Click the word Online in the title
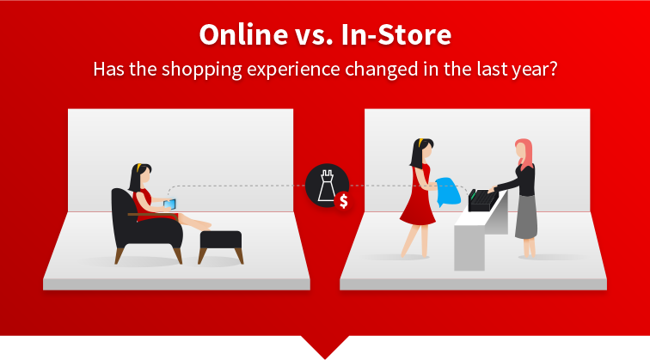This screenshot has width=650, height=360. [243, 34]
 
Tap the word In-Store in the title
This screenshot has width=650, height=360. [396, 34]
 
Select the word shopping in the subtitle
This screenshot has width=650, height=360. [202, 70]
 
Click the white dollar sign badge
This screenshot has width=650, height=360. [344, 201]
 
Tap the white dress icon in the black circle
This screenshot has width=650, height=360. [327, 186]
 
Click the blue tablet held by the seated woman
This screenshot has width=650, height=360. [169, 204]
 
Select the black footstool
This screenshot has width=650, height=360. [220, 246]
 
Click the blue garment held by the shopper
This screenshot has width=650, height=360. [448, 192]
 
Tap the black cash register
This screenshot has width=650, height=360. [482, 200]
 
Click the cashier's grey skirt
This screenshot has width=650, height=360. [526, 217]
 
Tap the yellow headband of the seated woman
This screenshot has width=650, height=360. [139, 168]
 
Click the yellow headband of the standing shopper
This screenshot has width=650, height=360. [420, 143]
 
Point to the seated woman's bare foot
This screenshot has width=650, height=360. [203, 225]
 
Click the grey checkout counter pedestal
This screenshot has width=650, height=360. [469, 247]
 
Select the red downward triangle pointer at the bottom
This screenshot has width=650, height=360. [325, 347]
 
